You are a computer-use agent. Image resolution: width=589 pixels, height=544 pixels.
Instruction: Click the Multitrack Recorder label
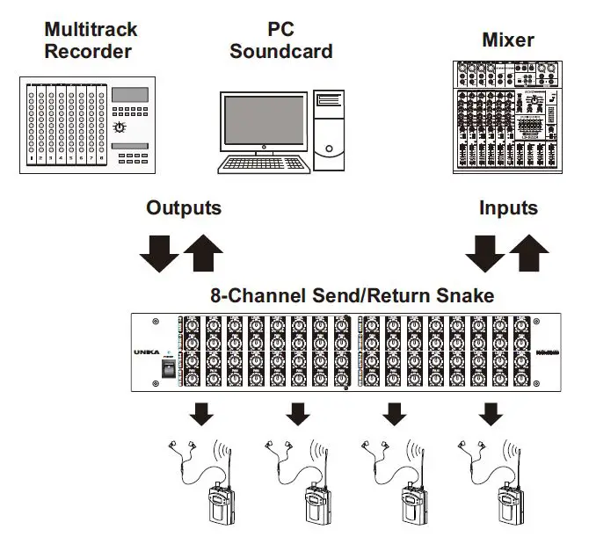tap(91, 40)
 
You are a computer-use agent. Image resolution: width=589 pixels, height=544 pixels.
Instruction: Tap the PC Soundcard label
tap(280, 40)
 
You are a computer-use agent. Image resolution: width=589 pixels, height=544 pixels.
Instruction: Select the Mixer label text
tap(508, 40)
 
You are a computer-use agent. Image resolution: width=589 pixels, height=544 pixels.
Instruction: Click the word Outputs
tap(183, 208)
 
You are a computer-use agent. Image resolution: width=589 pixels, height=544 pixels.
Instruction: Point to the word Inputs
tap(508, 208)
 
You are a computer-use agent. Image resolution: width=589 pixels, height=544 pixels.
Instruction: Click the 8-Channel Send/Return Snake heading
tap(352, 295)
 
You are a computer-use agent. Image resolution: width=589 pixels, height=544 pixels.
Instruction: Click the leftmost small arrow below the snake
tap(201, 411)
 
